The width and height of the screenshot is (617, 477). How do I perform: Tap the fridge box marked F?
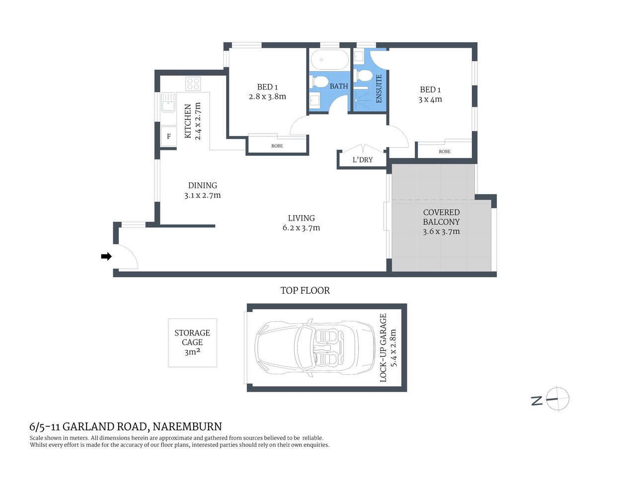coord(169,136)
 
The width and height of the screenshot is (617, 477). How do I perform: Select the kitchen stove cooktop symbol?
coord(193,83)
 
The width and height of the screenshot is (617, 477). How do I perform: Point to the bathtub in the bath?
coord(330,61)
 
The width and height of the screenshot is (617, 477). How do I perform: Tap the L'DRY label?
coord(362,160)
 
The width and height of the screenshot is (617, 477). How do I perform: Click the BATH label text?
coord(339,86)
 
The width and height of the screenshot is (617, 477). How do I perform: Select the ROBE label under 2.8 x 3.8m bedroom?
coord(277,146)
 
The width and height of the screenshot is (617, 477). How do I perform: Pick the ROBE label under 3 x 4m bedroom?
coord(445,152)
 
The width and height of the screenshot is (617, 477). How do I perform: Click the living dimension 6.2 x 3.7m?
coord(301,228)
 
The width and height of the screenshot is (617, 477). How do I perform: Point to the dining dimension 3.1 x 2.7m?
coord(202,195)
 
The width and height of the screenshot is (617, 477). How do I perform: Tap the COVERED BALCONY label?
coord(441,217)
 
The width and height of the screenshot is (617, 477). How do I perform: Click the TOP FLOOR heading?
coord(305,291)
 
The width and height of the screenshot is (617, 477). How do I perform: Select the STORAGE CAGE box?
coord(192,342)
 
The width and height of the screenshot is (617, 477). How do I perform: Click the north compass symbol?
coord(557,399)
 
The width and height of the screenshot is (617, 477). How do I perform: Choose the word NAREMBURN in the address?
coord(187,427)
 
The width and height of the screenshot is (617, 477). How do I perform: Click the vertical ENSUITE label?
coord(379,88)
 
